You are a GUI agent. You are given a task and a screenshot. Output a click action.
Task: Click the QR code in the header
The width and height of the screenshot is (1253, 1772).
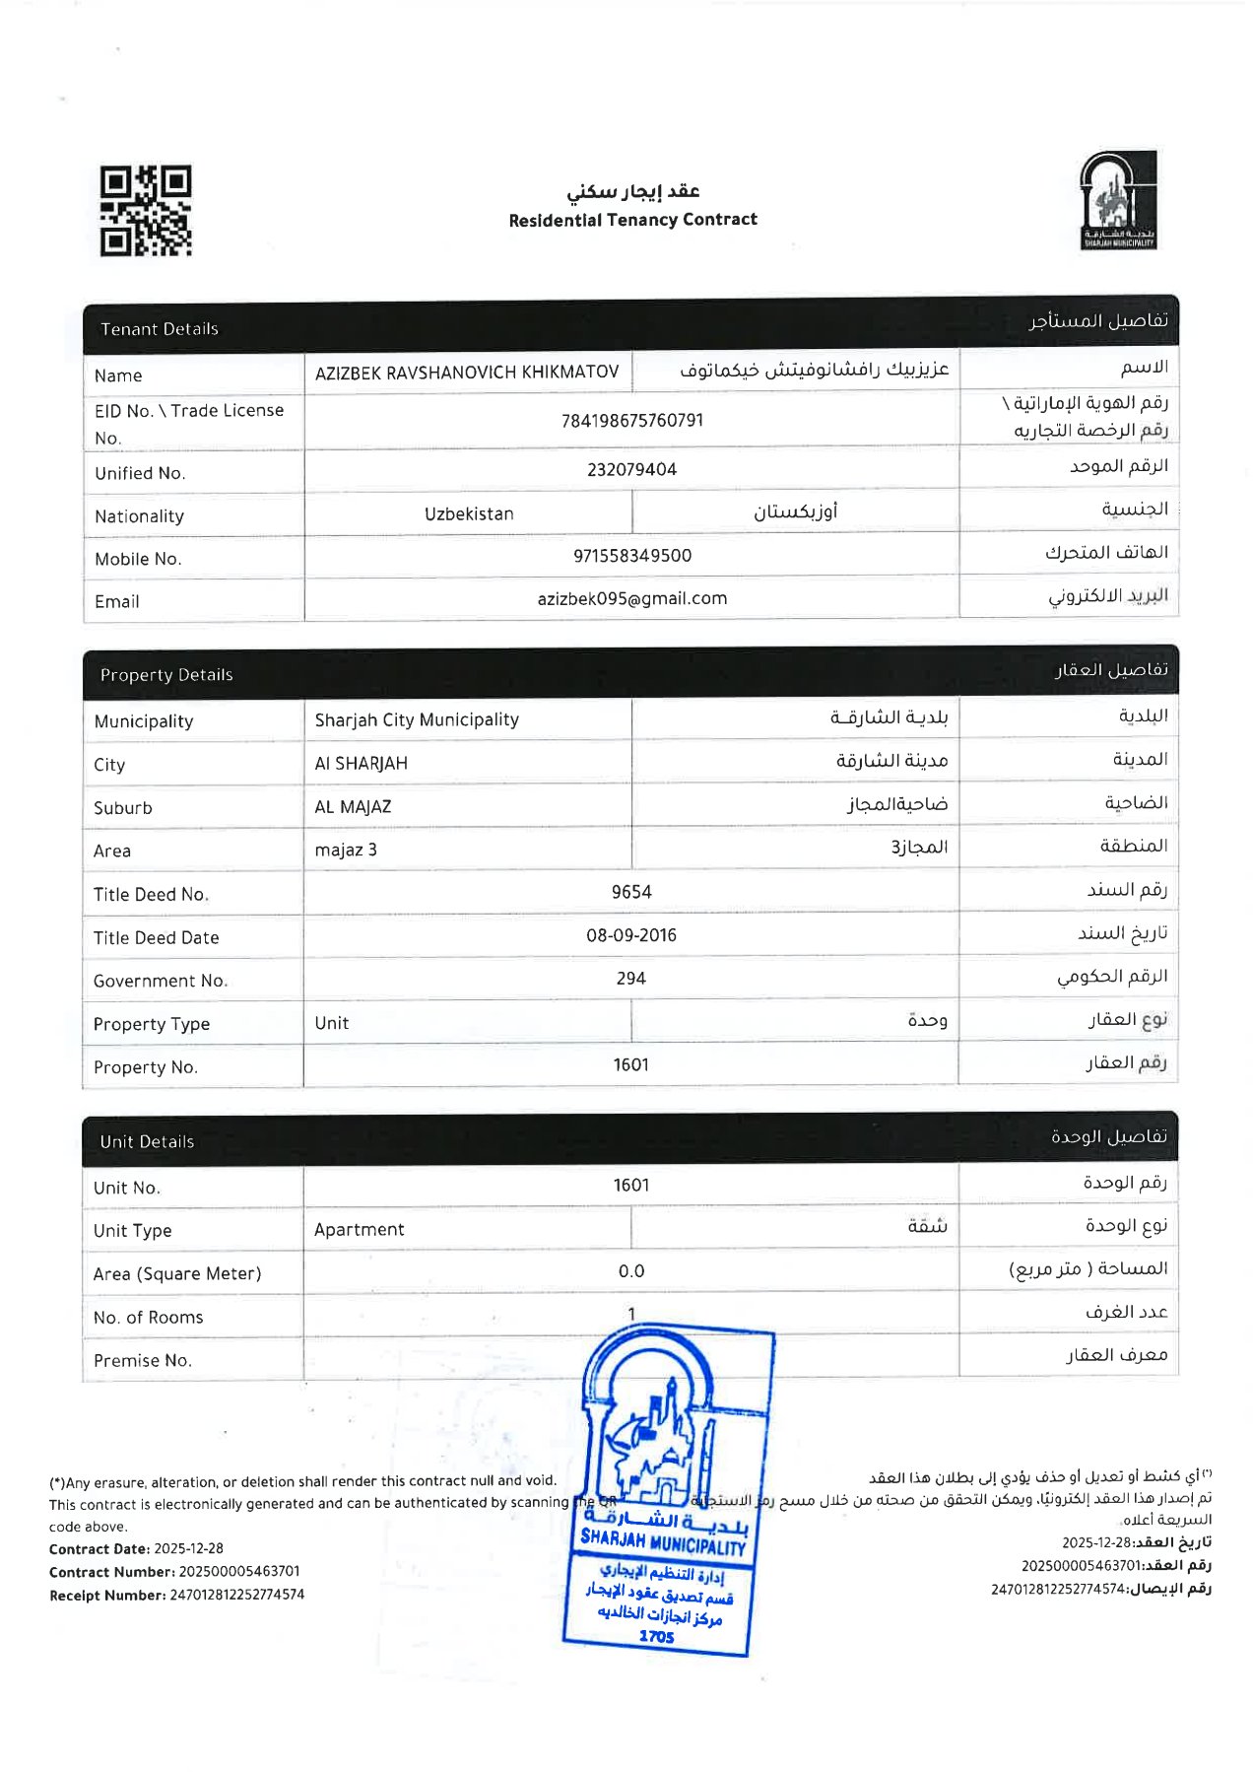pyautogui.click(x=145, y=211)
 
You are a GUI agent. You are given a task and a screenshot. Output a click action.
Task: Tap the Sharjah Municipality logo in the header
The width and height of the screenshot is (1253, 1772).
pyautogui.click(x=1118, y=200)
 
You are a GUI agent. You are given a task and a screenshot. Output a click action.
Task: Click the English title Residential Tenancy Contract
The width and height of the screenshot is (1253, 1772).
pyautogui.click(x=632, y=220)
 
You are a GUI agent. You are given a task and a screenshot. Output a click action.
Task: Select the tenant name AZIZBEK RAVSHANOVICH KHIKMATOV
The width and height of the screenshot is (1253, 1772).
pyautogui.click(x=467, y=373)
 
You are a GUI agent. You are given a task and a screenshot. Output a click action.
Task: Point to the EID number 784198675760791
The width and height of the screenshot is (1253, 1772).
pyautogui.click(x=632, y=421)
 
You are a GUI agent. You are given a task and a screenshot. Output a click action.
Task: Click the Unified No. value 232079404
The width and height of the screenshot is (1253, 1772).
pyautogui.click(x=632, y=470)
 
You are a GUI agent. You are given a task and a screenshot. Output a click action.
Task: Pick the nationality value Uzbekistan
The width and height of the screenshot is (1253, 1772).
pyautogui.click(x=469, y=514)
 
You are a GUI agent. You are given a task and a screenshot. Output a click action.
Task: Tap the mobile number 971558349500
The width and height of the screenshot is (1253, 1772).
pyautogui.click(x=632, y=556)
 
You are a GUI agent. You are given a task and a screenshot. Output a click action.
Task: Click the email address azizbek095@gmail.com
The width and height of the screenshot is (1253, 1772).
pyautogui.click(x=632, y=599)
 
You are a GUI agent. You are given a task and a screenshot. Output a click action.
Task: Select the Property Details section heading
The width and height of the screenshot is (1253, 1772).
pyautogui.click(x=166, y=675)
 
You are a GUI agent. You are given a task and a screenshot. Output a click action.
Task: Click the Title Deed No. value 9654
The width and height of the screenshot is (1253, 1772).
pyautogui.click(x=631, y=892)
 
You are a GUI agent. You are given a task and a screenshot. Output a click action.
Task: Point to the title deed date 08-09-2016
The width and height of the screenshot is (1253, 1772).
pyautogui.click(x=631, y=935)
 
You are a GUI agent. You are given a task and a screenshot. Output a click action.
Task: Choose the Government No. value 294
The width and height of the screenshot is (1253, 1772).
pyautogui.click(x=631, y=979)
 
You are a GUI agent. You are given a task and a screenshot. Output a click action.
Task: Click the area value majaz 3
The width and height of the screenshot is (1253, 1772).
pyautogui.click(x=346, y=850)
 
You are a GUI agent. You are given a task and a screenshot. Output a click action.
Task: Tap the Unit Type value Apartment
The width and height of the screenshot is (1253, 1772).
pyautogui.click(x=360, y=1230)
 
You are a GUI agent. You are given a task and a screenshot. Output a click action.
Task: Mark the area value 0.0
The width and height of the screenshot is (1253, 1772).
pyautogui.click(x=631, y=1272)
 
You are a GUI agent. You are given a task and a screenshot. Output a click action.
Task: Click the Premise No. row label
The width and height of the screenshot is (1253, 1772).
pyautogui.click(x=143, y=1361)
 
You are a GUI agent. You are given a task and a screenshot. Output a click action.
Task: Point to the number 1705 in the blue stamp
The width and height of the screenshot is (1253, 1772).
pyautogui.click(x=656, y=1637)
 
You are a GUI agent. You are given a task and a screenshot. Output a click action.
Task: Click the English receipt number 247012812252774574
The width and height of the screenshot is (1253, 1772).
pyautogui.click(x=237, y=1595)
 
